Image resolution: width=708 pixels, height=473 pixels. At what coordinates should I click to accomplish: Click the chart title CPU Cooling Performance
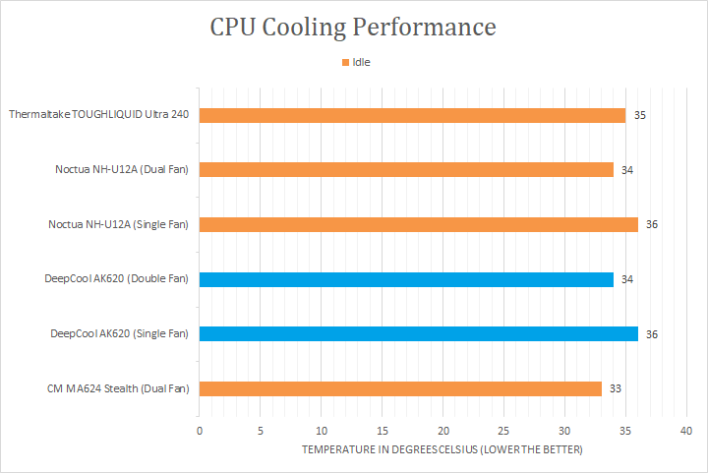coord(353,27)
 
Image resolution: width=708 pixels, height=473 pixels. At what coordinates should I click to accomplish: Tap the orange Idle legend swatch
coord(345,62)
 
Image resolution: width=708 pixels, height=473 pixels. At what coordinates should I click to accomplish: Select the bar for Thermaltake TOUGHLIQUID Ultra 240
coord(412,115)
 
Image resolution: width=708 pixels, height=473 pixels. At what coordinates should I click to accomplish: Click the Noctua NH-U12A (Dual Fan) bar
coord(406,169)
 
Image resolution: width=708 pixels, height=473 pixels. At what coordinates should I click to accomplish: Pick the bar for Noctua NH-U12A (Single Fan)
coord(418,224)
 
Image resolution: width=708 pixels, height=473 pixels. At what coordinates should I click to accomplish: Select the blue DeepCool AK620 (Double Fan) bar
coord(406,279)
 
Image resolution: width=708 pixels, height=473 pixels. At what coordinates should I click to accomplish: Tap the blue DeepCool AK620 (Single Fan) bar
coord(418,333)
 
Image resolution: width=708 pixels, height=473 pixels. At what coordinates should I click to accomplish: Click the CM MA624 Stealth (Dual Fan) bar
coord(400,388)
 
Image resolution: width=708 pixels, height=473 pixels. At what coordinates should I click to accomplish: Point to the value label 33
coord(616,388)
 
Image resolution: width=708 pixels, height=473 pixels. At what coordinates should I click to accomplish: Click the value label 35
coord(639,115)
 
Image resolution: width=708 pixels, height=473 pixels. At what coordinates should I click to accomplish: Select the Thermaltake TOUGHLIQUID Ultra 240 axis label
coord(98,115)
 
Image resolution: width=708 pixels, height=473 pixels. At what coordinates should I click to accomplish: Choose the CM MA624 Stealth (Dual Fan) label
coord(117,388)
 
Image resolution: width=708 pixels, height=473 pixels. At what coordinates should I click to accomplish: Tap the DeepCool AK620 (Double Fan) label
coord(116,279)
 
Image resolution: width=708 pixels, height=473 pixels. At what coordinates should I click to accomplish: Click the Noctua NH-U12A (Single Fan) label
coord(118,224)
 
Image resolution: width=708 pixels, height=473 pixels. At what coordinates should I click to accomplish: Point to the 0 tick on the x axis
coord(200,431)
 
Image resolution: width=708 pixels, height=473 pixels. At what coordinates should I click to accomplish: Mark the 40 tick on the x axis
coord(685,431)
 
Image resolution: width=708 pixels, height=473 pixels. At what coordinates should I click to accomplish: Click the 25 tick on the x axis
coord(503,431)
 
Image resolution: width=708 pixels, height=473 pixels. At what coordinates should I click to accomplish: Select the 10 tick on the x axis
coord(321,431)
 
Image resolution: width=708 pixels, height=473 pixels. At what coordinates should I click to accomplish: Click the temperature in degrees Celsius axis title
coord(442,449)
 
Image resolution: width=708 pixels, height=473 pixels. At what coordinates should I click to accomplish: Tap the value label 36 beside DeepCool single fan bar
coord(651,334)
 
